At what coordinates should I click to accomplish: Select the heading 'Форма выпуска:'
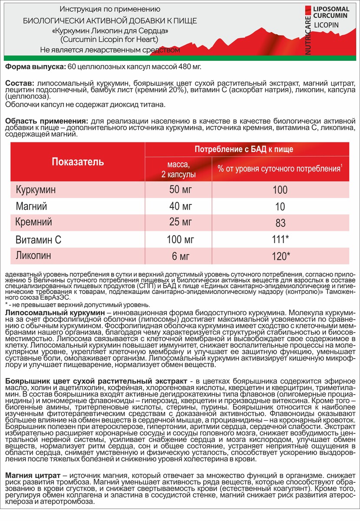35,66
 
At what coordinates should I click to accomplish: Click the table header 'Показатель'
78,162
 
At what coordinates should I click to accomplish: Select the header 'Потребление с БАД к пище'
244,149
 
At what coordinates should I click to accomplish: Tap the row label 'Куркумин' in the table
36,190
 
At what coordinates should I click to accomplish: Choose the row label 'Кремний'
34,222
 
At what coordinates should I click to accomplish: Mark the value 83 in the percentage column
281,223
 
